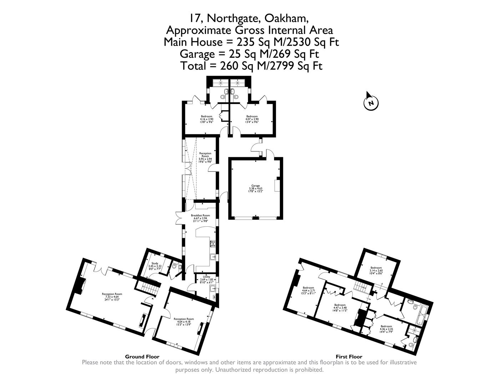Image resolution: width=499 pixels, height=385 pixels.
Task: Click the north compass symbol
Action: click(x=371, y=103)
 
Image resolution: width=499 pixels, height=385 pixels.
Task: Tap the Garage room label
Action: click(x=255, y=188)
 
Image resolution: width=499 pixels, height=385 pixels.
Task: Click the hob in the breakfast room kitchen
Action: click(x=213, y=244)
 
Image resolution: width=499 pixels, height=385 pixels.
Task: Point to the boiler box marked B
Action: click(x=214, y=297)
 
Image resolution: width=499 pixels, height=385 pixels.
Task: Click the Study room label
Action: click(x=155, y=266)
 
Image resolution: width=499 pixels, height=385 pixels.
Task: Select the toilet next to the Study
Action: click(x=174, y=266)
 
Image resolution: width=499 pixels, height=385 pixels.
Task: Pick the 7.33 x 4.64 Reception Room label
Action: click(x=112, y=297)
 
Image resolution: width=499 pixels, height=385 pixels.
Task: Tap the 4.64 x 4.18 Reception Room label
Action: click(x=183, y=321)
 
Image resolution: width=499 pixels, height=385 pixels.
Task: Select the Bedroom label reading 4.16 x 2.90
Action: click(x=206, y=119)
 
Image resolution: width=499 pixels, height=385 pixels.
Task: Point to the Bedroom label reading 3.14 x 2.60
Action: click(x=376, y=270)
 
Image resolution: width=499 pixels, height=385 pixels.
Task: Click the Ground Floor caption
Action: click(x=142, y=356)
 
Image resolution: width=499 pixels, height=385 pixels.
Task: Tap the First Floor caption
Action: click(x=349, y=356)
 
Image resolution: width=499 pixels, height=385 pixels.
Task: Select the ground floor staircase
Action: click(x=149, y=288)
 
